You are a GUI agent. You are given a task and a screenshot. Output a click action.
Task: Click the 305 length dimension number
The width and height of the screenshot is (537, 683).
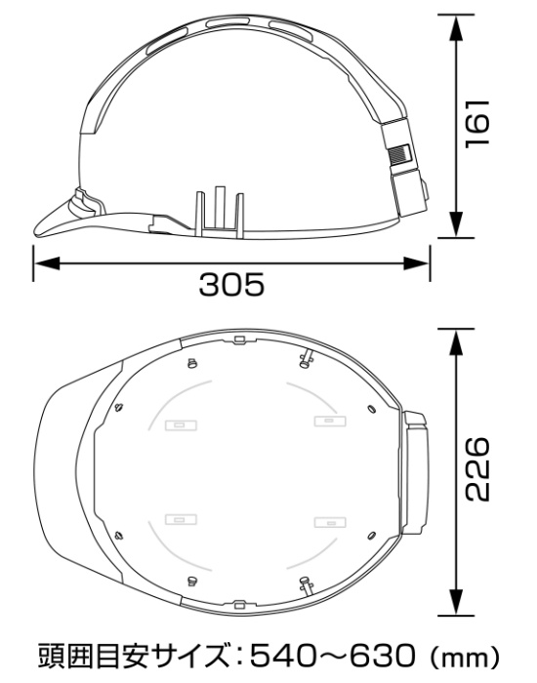point(231,285)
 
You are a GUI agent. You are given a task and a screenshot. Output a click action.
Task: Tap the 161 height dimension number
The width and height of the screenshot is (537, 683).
point(477,124)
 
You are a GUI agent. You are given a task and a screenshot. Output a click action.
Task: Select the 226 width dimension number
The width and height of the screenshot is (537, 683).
point(477,469)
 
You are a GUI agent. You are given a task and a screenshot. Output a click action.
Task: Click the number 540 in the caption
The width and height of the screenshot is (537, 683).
point(282,656)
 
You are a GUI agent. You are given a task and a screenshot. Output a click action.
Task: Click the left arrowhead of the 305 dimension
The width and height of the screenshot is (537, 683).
point(47,263)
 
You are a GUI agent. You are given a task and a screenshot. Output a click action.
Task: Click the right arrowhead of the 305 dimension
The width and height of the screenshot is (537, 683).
point(416,263)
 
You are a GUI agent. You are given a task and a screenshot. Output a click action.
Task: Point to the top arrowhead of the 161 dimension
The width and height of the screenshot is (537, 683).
point(456,28)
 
